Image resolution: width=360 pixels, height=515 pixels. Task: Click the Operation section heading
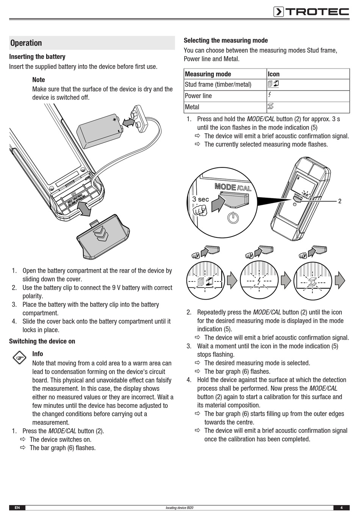(26, 43)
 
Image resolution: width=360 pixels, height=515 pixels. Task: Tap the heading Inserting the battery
(37, 57)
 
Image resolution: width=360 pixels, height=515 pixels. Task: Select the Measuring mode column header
(208, 74)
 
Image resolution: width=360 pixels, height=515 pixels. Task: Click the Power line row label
(198, 96)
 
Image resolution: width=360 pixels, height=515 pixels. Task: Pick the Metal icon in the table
(271, 106)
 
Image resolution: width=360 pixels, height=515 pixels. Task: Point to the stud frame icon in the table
(273, 84)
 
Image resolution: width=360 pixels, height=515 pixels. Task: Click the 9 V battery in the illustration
(98, 131)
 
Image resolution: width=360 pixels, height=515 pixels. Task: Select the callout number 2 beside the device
(340, 201)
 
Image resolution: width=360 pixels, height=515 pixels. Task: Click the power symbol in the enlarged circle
(233, 218)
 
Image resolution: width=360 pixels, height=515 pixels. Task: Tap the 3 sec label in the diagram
(200, 199)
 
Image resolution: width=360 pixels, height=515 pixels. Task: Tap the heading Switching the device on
(42, 341)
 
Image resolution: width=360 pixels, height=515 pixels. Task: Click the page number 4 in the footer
(341, 508)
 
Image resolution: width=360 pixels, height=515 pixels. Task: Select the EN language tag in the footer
(17, 508)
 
